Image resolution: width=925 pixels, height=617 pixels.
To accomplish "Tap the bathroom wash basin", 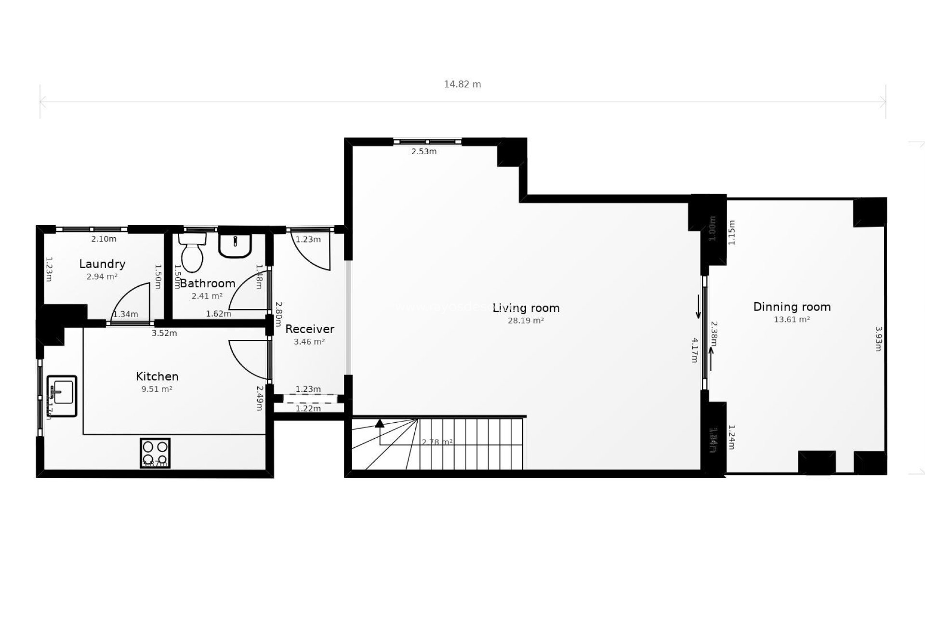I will (x=235, y=245).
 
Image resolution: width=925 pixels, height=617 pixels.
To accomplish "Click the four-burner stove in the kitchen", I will (x=155, y=453).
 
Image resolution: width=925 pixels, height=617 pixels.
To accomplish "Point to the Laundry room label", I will (x=102, y=264).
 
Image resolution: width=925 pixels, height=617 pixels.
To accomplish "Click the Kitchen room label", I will (x=157, y=376).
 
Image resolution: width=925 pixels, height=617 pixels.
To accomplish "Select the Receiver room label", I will (x=310, y=329).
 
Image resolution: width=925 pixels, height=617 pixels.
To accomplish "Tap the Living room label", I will (x=526, y=308).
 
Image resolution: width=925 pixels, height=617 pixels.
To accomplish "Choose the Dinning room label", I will (x=792, y=307).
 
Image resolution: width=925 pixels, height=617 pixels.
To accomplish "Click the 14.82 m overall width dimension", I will (x=462, y=84).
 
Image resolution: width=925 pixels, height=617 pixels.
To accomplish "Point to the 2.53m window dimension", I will (x=424, y=152).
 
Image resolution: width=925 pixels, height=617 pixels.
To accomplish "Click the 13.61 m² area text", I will (x=792, y=320).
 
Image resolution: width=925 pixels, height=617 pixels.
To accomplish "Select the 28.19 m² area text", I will (x=526, y=321).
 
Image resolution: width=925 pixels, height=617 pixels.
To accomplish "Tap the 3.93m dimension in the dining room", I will (x=878, y=339).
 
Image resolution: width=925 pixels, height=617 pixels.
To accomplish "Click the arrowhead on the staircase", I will (x=380, y=424).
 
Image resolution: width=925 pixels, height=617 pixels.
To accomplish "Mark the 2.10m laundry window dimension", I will (x=104, y=239).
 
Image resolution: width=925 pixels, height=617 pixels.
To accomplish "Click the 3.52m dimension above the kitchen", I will (x=164, y=333).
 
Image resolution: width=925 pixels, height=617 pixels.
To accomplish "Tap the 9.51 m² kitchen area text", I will (x=157, y=389).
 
